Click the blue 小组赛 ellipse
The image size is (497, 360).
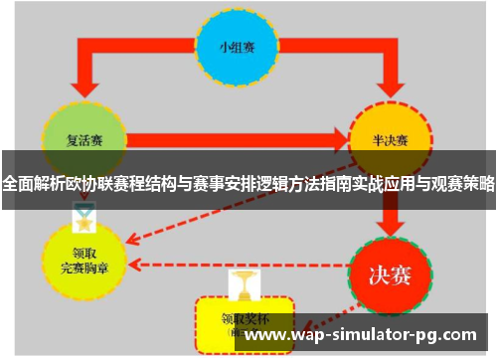237,47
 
